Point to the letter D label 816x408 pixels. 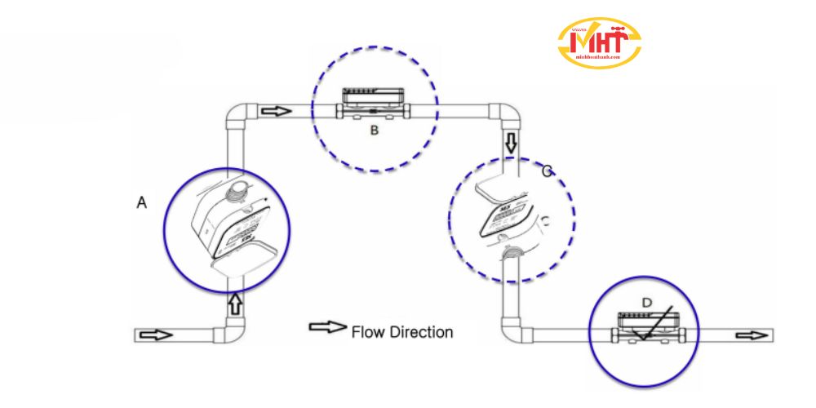coord(646,303)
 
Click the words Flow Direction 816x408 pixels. coord(401,332)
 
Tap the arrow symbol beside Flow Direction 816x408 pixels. coord(326,328)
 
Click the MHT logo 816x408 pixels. coord(599,42)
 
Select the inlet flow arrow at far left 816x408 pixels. coord(157,335)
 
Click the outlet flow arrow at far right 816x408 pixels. coord(751,335)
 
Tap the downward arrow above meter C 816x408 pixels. coord(512,144)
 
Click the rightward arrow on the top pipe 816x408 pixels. coord(277,110)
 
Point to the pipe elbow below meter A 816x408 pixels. coord(228,332)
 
